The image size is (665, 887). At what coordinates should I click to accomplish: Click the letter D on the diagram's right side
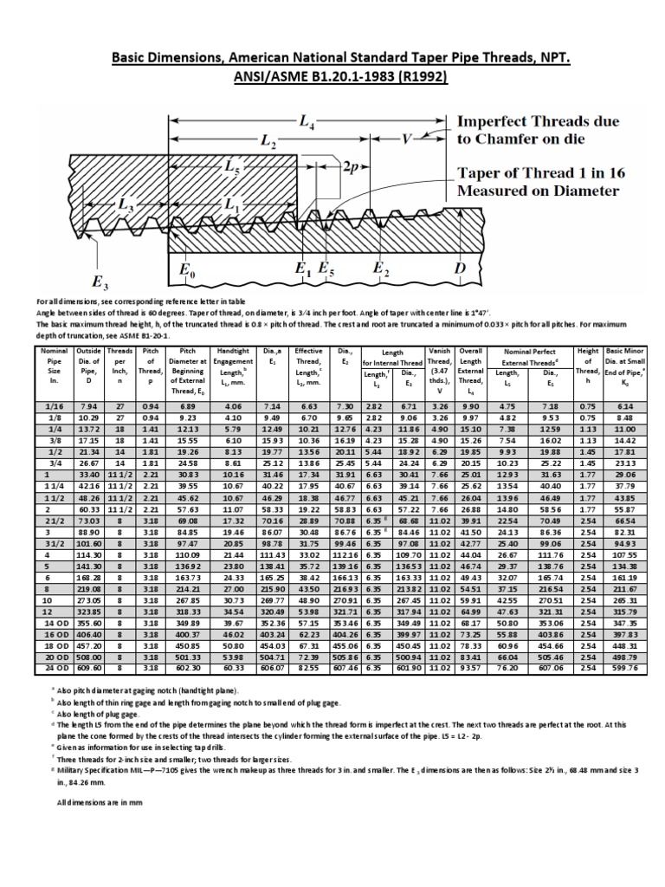pyautogui.click(x=462, y=269)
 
